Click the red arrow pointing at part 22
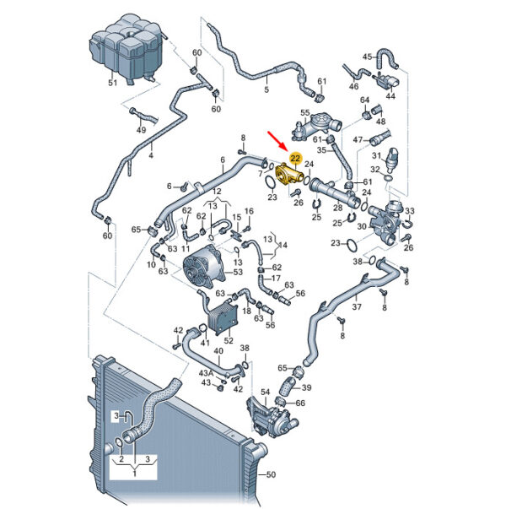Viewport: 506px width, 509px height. coord(276,141)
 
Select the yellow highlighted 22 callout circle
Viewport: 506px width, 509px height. coord(295,159)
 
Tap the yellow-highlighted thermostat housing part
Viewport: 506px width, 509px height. coord(288,176)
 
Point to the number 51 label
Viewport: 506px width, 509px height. coord(112,83)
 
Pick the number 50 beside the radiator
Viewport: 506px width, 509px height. coord(271,474)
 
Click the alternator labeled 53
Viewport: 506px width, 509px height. coord(204,267)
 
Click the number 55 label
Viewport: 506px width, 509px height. coord(305,113)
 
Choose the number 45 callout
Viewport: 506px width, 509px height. coord(367,57)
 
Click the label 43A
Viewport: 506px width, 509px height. coord(207,373)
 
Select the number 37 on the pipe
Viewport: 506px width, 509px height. coord(357,306)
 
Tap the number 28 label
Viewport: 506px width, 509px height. coord(338,207)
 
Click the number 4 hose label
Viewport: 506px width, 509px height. coord(150,155)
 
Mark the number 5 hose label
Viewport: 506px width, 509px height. coord(266,89)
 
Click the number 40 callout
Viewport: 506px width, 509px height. coord(219,351)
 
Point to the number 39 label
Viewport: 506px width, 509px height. coord(306,387)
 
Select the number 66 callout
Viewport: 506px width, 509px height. coord(300,403)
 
